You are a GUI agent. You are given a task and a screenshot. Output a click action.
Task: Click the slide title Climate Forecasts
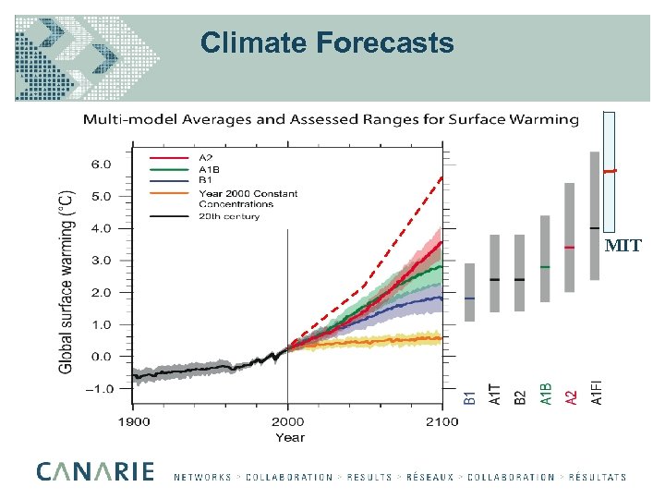(x=327, y=43)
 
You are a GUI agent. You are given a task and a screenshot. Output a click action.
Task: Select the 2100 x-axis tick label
(x=441, y=421)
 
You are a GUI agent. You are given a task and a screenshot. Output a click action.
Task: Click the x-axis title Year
(x=289, y=437)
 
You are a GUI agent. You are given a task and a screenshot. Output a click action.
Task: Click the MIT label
(x=622, y=246)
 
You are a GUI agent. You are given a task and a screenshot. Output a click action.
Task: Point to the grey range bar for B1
(x=470, y=292)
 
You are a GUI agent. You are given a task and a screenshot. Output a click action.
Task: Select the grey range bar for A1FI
(x=595, y=215)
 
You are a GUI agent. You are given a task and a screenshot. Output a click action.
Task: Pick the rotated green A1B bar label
(x=546, y=395)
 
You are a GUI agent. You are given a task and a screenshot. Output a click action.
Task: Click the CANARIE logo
(x=95, y=471)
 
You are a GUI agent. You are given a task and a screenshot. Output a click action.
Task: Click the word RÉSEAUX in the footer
(x=429, y=478)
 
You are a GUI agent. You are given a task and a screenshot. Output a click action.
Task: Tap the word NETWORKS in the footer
(x=202, y=478)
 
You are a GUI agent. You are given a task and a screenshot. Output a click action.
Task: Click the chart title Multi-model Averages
(x=331, y=119)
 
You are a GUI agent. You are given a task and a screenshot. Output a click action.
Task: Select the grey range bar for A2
(x=570, y=237)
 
